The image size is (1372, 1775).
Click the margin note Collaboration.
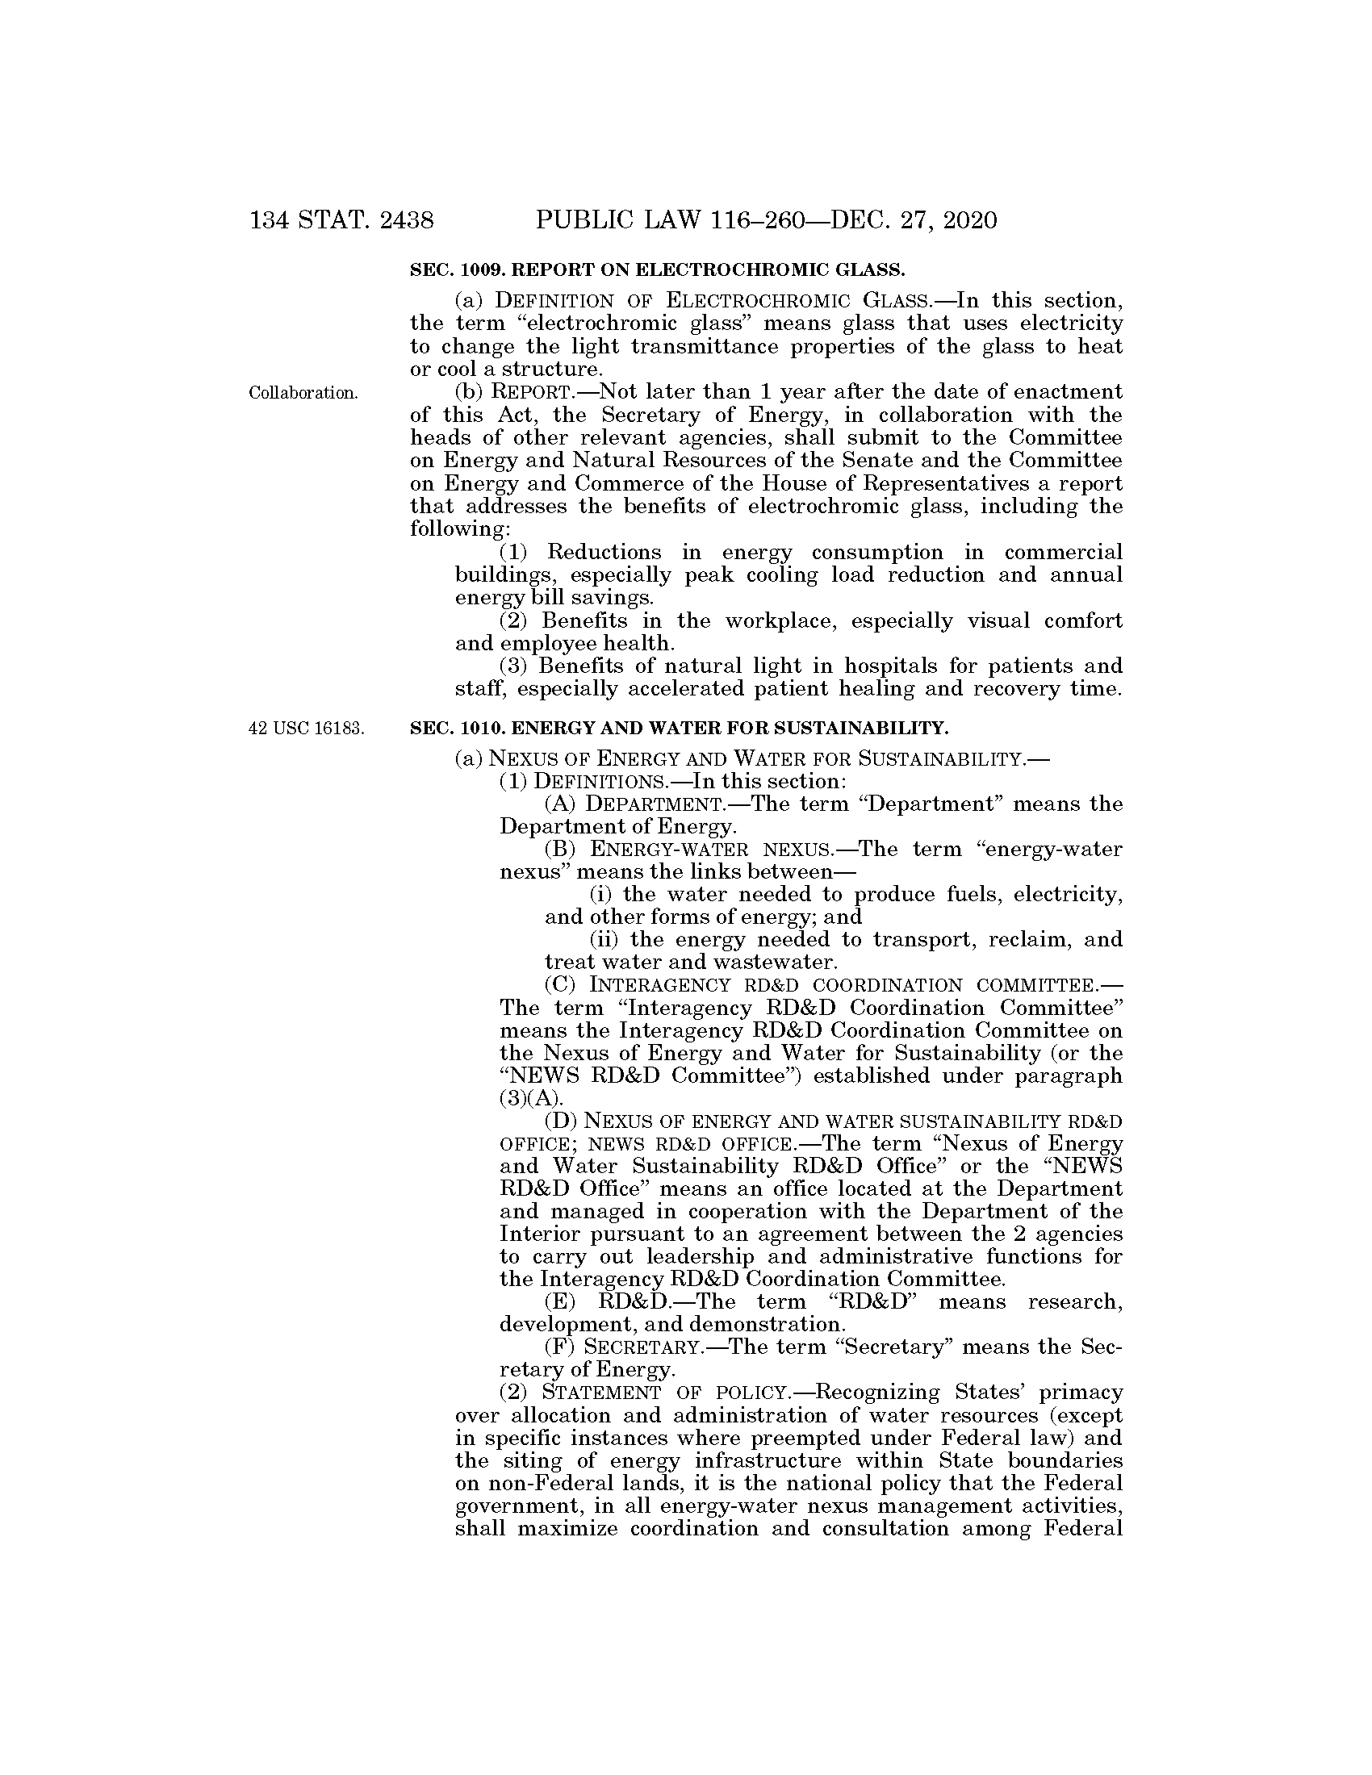[x=303, y=394]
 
